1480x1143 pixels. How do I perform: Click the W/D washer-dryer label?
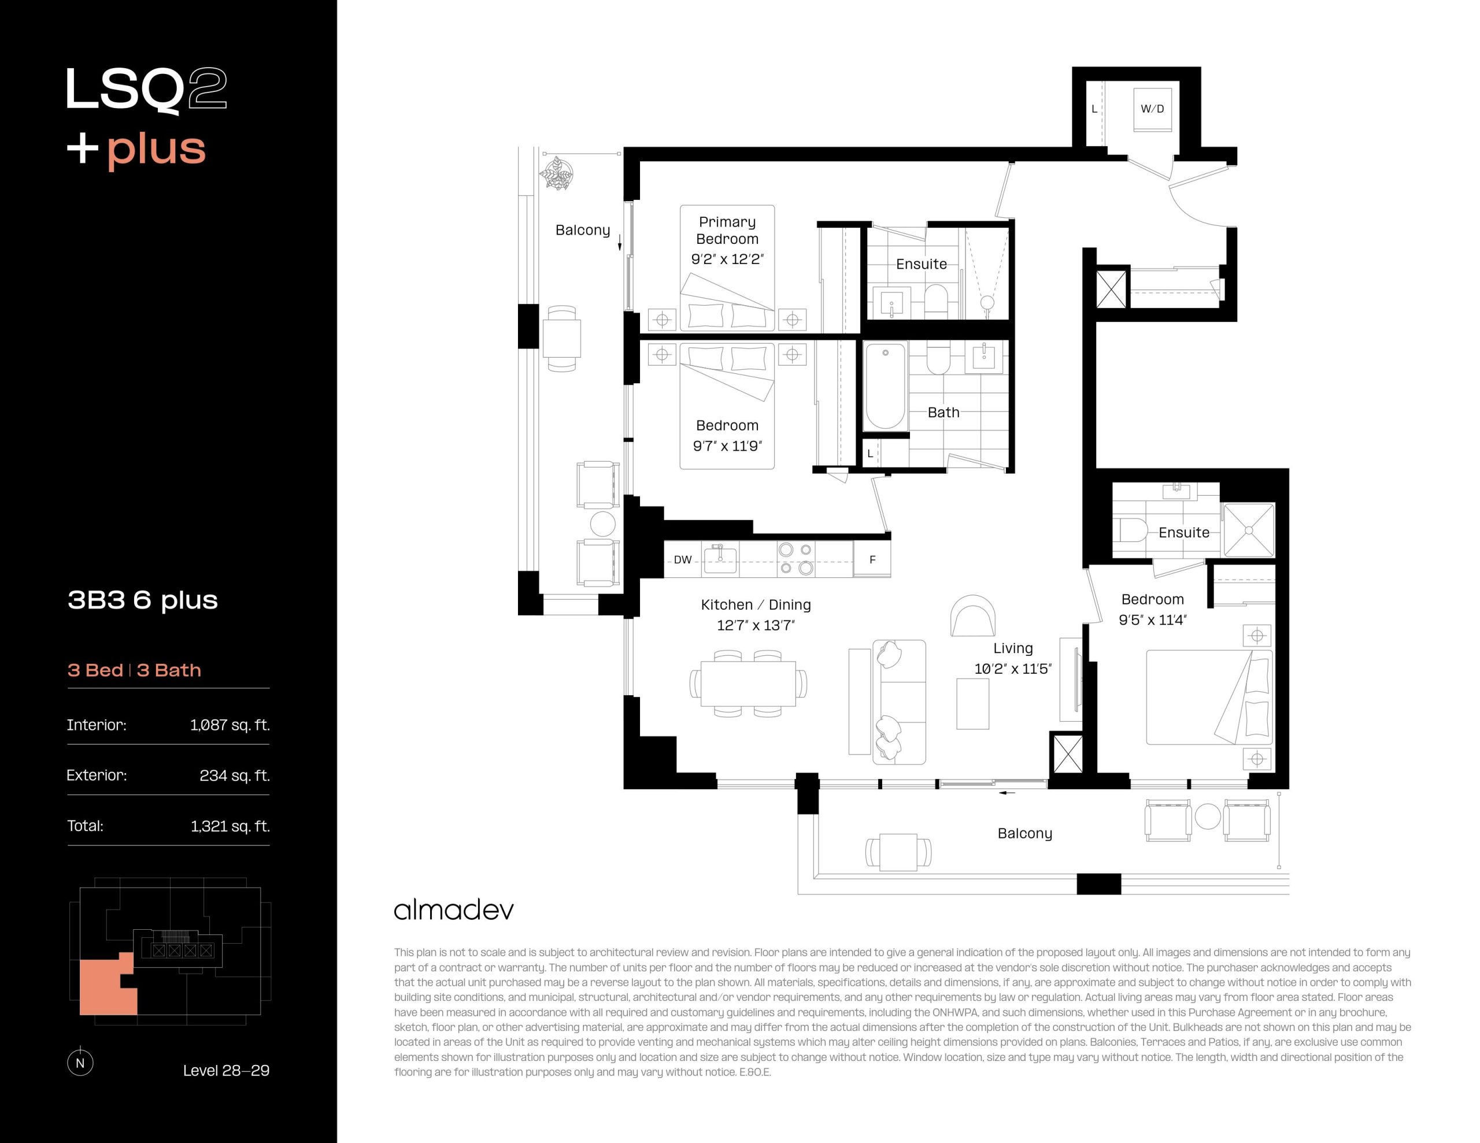[x=1152, y=109]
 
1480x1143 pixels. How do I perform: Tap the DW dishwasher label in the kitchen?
[x=682, y=559]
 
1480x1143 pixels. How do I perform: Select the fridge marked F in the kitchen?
[x=872, y=559]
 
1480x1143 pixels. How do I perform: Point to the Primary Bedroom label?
[x=727, y=231]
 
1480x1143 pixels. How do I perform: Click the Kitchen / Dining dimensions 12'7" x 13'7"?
[x=756, y=625]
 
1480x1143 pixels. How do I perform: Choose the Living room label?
[x=1013, y=648]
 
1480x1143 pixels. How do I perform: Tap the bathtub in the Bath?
[x=885, y=385]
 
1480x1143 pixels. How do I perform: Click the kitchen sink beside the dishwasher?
[x=720, y=559]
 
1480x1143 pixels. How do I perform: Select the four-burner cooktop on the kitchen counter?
[x=795, y=559]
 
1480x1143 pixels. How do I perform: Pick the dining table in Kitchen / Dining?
[x=748, y=684]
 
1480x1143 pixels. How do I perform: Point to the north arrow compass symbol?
[x=80, y=1062]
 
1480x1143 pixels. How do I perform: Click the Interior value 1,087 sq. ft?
[x=230, y=725]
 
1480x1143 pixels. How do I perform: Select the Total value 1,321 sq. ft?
[x=230, y=826]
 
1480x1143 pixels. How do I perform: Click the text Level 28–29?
[x=227, y=1071]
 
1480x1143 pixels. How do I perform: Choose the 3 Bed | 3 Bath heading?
[x=134, y=670]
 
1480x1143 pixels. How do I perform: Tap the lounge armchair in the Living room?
[x=973, y=616]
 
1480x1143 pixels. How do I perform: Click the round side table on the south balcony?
[x=1208, y=817]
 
